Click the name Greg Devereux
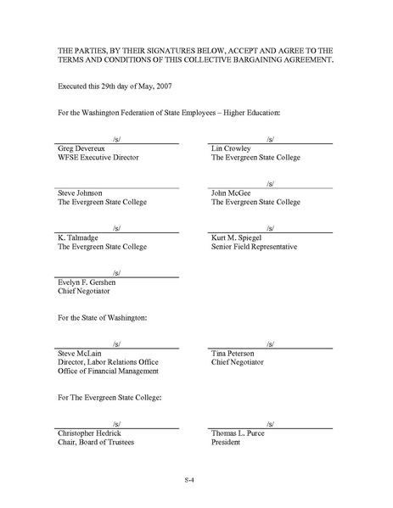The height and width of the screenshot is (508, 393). tap(82, 148)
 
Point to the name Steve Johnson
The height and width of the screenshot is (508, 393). tap(81, 193)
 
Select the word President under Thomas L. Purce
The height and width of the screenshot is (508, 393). tap(227, 442)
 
